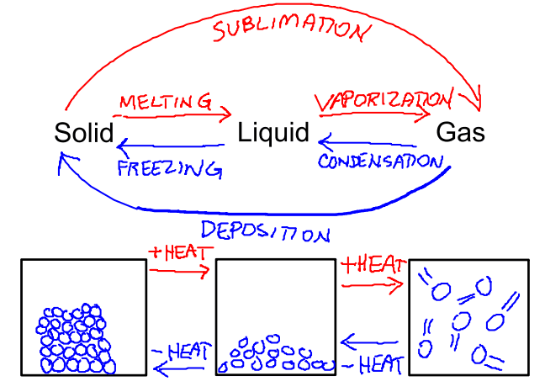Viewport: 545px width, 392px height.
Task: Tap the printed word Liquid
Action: coord(273,133)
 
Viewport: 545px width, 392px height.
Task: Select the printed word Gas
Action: coord(460,133)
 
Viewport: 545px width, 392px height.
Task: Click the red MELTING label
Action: coord(166,101)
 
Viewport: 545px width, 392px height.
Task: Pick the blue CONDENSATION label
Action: coord(379,160)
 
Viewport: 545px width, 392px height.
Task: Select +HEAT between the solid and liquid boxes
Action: coord(177,252)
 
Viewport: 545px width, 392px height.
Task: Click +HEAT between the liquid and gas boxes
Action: coord(373,267)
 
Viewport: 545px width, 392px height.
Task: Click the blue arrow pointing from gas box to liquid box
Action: coord(370,342)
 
